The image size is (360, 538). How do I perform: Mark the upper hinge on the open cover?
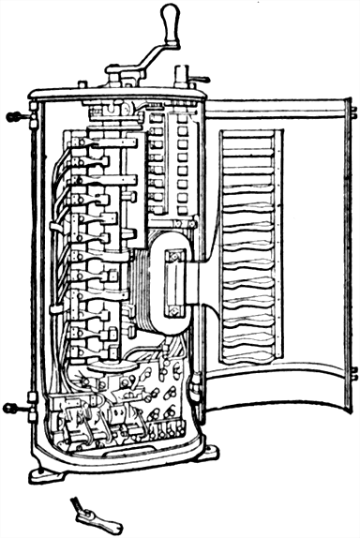point(352,112)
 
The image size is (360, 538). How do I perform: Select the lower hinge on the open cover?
point(352,375)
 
